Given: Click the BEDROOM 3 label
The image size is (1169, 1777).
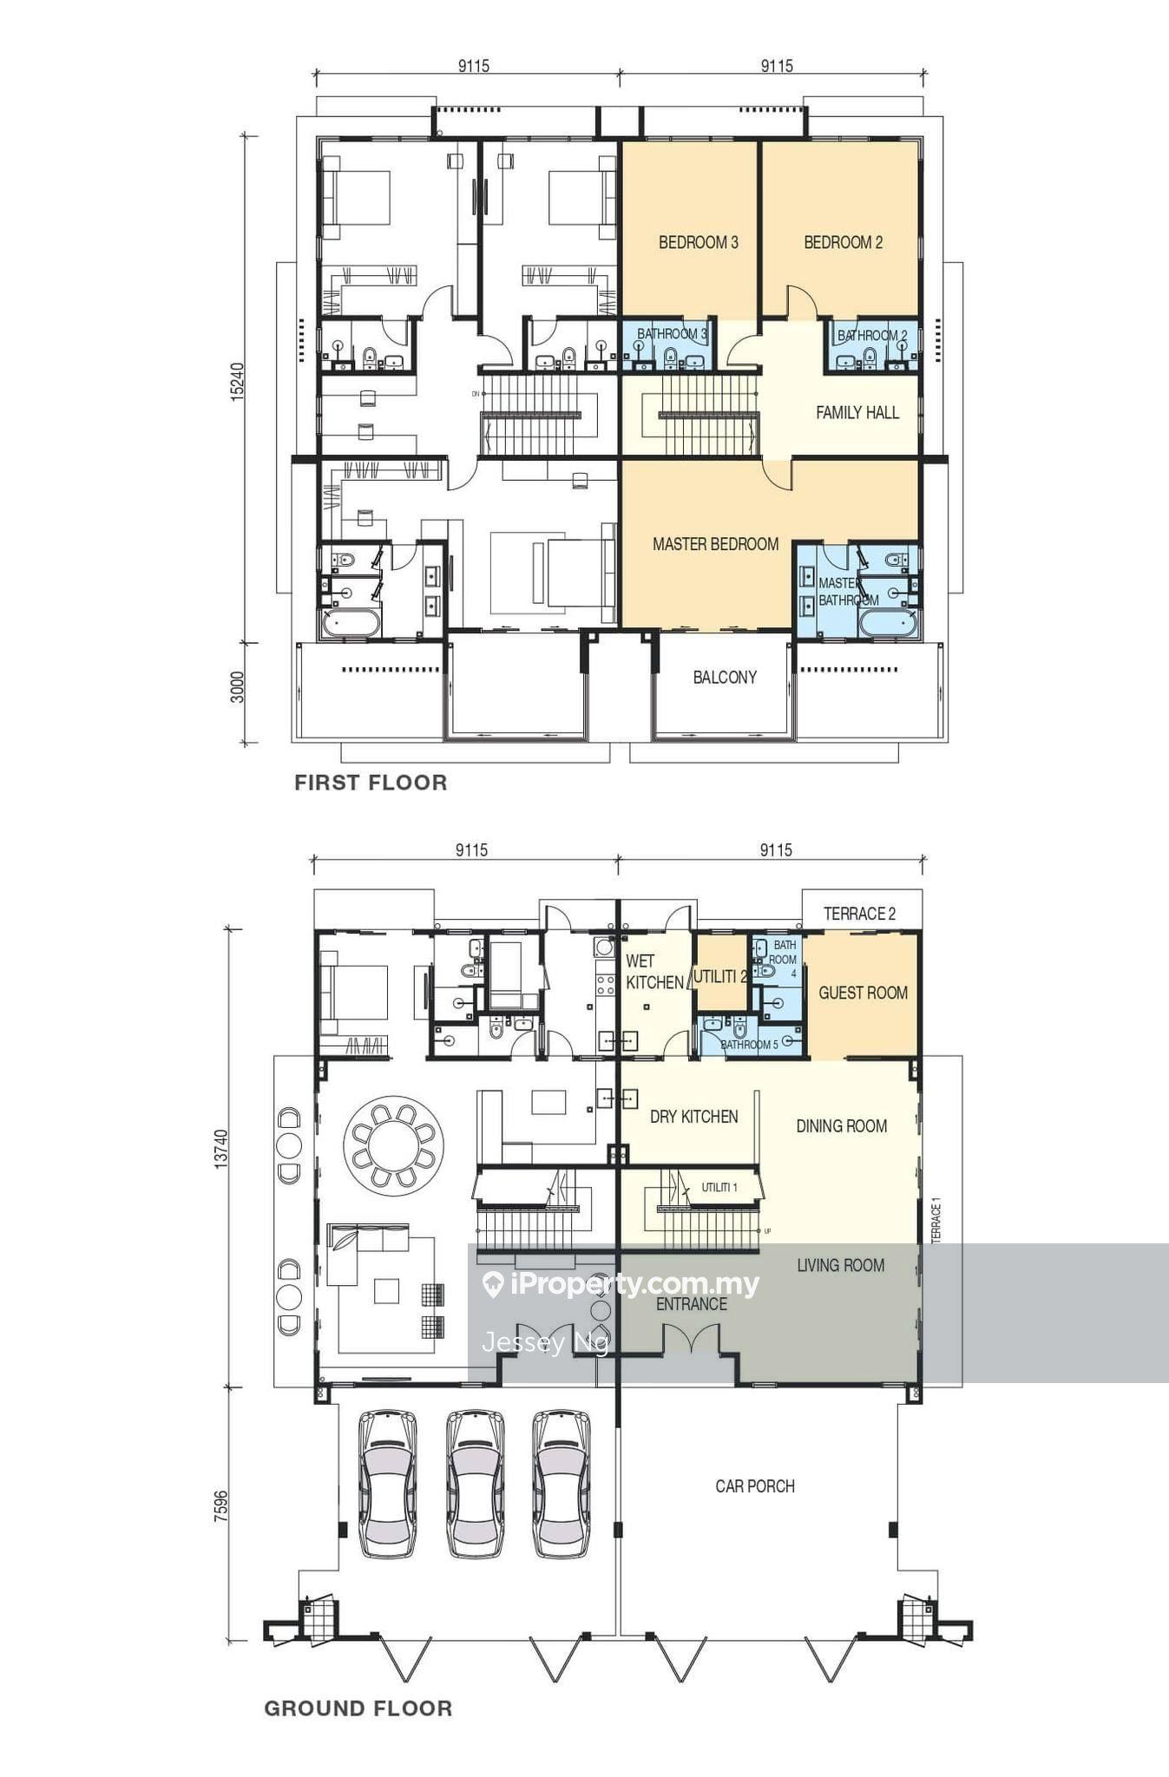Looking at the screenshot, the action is click(698, 242).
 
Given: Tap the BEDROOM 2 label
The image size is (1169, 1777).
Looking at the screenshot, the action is click(843, 242).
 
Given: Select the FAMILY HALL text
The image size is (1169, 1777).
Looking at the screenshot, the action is click(857, 412).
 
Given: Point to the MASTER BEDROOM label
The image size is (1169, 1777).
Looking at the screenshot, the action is click(715, 544).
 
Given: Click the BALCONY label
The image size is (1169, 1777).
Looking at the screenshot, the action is click(725, 677).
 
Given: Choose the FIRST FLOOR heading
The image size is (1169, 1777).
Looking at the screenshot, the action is click(371, 783).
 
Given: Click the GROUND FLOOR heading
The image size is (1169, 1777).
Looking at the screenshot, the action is click(358, 1708).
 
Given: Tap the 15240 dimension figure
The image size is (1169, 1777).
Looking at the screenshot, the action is click(238, 380).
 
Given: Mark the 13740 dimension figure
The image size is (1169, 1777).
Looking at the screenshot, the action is click(221, 1149).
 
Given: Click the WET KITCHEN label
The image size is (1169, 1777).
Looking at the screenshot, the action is click(654, 972).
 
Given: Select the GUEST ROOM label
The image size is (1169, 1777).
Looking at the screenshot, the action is click(863, 993).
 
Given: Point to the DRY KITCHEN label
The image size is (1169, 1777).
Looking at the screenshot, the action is click(693, 1117).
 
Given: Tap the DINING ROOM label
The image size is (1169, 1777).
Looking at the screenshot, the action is click(841, 1126).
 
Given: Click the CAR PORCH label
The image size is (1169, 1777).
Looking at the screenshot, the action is click(755, 1486).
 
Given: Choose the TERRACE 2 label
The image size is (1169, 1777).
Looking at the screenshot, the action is click(859, 914).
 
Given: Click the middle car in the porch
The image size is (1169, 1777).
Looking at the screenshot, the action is click(475, 1484).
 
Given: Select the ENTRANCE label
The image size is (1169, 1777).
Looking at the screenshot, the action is click(691, 1304).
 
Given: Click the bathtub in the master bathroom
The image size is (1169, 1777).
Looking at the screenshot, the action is click(886, 623).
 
